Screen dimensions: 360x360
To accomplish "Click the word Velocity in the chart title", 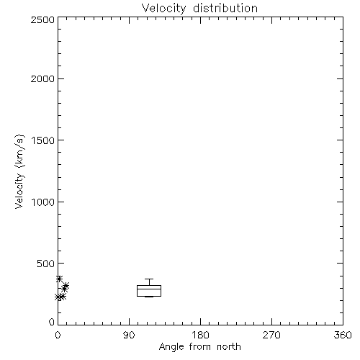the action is click(163, 9).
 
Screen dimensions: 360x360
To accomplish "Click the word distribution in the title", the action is click(225, 8).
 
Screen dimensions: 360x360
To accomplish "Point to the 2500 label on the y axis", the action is click(42, 19).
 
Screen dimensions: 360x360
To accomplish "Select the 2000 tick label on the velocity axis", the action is click(42, 78).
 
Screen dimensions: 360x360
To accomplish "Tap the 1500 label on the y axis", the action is click(43, 140).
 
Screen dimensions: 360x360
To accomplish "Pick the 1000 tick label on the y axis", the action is click(43, 202).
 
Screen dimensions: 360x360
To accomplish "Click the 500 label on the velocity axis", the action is click(46, 264).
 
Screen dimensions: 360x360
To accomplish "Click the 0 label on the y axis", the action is click(52, 322).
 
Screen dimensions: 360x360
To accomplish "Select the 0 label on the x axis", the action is click(58, 335).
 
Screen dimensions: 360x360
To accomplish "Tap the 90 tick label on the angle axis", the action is click(129, 335).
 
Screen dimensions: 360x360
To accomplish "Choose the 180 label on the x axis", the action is click(200, 335).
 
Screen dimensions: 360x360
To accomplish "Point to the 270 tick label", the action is click(271, 335).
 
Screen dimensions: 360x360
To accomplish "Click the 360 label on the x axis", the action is click(343, 335).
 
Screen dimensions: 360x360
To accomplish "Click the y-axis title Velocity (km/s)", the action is click(19, 171).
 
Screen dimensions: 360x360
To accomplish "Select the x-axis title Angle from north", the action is click(200, 347).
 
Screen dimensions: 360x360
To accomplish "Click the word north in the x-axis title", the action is click(229, 347).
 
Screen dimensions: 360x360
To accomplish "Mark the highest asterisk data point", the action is click(59, 279).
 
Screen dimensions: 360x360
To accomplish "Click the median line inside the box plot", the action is click(149, 289).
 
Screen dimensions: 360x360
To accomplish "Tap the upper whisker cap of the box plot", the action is click(149, 279).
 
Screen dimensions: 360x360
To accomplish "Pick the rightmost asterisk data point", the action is click(66, 286).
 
